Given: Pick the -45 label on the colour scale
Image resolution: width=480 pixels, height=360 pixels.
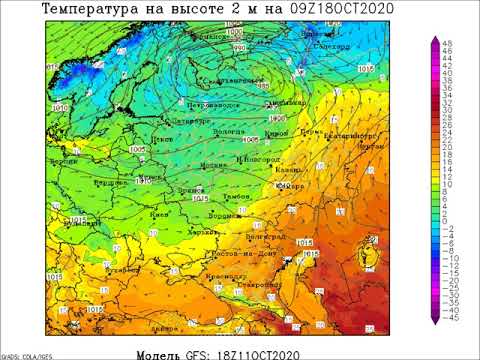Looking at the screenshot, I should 451,320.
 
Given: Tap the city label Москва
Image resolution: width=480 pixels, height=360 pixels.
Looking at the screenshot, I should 213,165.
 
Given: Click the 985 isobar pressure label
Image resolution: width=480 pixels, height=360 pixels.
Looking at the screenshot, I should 263,87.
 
